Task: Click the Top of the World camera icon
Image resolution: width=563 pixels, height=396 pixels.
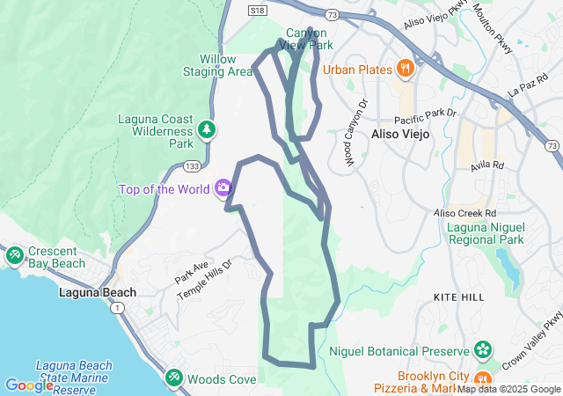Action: [223, 187]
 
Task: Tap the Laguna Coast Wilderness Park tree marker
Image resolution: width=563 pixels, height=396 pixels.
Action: [207, 130]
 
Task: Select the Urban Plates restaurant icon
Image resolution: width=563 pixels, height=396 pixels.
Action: [405, 68]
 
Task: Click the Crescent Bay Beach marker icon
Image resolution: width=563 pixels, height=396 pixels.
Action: [14, 254]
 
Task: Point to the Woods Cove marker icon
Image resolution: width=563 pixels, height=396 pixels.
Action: [174, 378]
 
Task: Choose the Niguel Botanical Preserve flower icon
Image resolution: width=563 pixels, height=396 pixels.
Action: [482, 349]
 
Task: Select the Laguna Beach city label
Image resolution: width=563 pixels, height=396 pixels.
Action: [98, 293]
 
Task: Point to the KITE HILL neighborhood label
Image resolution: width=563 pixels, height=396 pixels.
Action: [458, 298]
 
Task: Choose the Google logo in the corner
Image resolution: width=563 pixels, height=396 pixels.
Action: [29, 385]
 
